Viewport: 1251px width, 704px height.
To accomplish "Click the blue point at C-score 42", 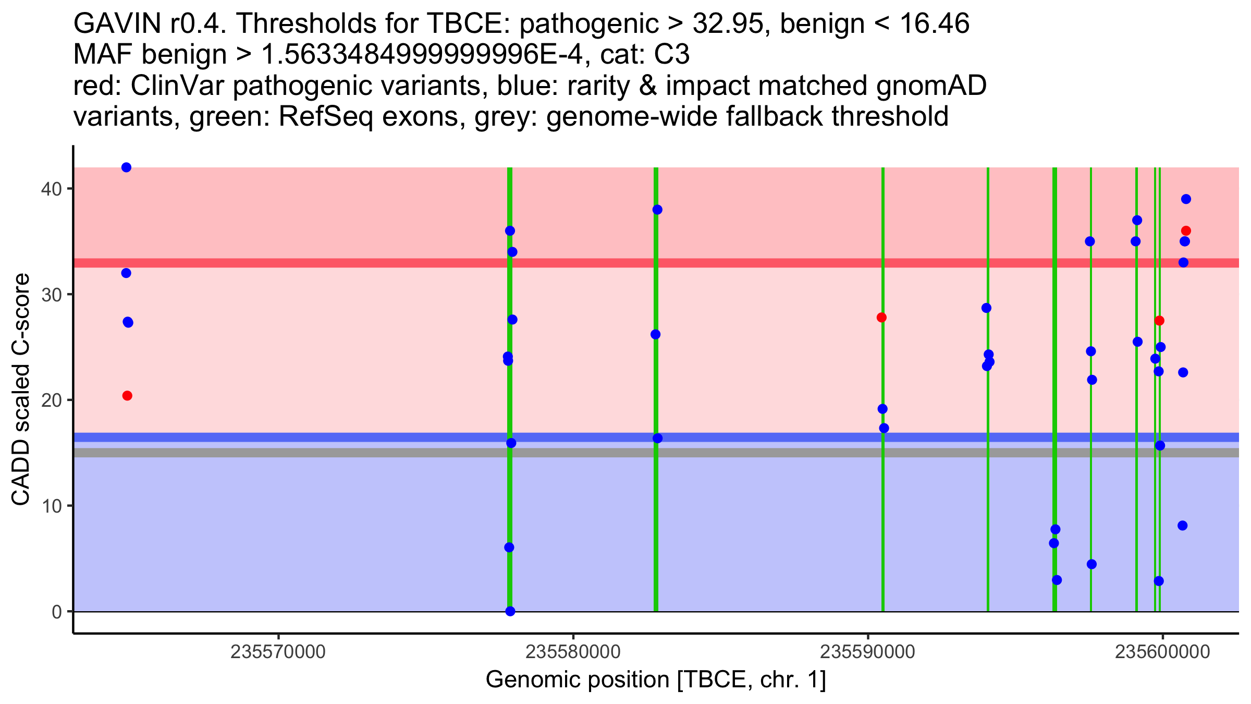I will click(x=126, y=167).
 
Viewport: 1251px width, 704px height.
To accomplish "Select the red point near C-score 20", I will click(x=127, y=396).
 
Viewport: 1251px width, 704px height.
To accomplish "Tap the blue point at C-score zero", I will click(x=510, y=611).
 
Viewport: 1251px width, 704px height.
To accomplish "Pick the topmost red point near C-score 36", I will click(x=1186, y=231).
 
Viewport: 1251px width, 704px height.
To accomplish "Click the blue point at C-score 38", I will click(x=657, y=210).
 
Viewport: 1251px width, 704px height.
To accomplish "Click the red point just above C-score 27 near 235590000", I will click(x=881, y=318).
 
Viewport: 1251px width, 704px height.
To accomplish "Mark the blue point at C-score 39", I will click(x=1186, y=199).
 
